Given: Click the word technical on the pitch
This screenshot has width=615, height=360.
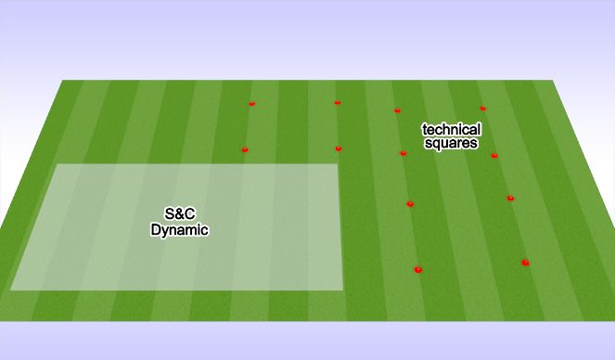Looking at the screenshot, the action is (451, 130).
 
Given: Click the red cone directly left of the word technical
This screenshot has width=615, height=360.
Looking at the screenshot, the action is (398, 110).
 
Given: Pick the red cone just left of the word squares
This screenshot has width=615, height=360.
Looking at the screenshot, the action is (403, 153).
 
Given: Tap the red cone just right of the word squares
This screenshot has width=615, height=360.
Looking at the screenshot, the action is (494, 155).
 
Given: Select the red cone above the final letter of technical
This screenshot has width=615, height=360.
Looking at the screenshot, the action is (482, 109).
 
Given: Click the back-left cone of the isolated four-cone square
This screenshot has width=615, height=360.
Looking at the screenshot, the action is (251, 104).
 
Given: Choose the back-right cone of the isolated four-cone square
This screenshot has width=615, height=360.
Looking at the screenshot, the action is (337, 103).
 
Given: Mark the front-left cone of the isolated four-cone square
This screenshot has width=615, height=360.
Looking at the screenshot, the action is (245, 149).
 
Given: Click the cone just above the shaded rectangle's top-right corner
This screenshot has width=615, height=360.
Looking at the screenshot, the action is (339, 148).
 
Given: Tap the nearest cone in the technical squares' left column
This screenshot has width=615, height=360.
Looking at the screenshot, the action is (418, 270).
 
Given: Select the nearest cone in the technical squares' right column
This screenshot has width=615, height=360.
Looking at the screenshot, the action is (525, 263).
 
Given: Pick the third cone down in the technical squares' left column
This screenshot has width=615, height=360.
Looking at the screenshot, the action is (410, 204).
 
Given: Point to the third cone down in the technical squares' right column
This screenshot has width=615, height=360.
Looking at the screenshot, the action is (510, 198).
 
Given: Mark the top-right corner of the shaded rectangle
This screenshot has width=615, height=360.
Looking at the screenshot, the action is (338, 165).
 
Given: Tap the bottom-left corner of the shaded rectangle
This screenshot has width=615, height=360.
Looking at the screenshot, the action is (11, 289).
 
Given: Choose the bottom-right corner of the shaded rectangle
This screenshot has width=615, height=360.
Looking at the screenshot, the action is (342, 289).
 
